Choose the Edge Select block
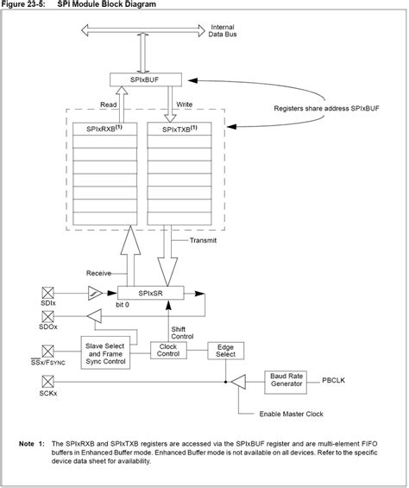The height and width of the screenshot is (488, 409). pyautogui.click(x=227, y=350)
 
